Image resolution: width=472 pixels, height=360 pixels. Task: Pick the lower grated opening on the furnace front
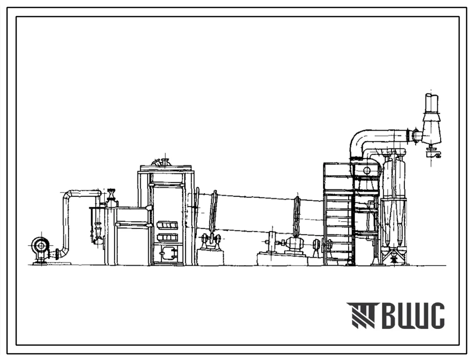coord(167,238)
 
